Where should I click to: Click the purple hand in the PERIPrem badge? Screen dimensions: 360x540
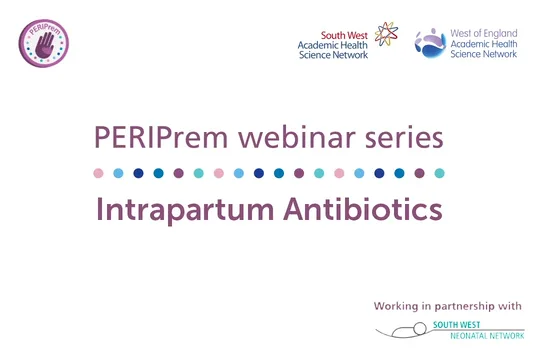pos(45,43)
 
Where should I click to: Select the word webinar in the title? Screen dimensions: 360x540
pos(289,136)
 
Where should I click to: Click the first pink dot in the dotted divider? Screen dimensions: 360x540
pos(98,173)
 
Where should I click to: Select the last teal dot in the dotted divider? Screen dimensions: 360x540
pos(439,173)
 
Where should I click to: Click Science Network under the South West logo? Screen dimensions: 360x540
pos(334,54)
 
